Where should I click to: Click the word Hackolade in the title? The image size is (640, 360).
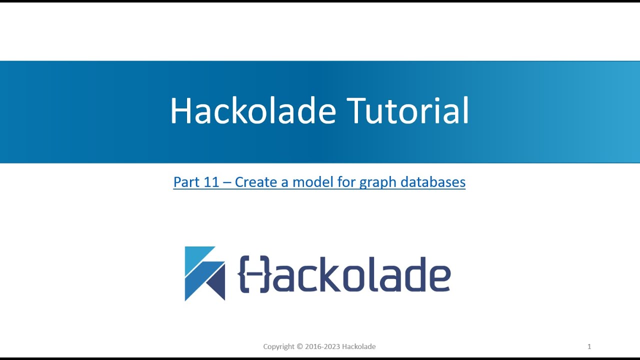click(252, 110)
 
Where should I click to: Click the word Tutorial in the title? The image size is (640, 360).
click(408, 110)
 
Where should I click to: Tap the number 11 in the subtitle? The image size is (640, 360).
click(211, 182)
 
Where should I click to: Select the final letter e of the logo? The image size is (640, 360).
click(437, 278)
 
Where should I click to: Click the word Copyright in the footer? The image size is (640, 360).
click(279, 346)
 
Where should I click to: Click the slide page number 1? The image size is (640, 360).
click(589, 346)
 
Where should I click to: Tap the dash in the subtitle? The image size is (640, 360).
click(227, 182)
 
